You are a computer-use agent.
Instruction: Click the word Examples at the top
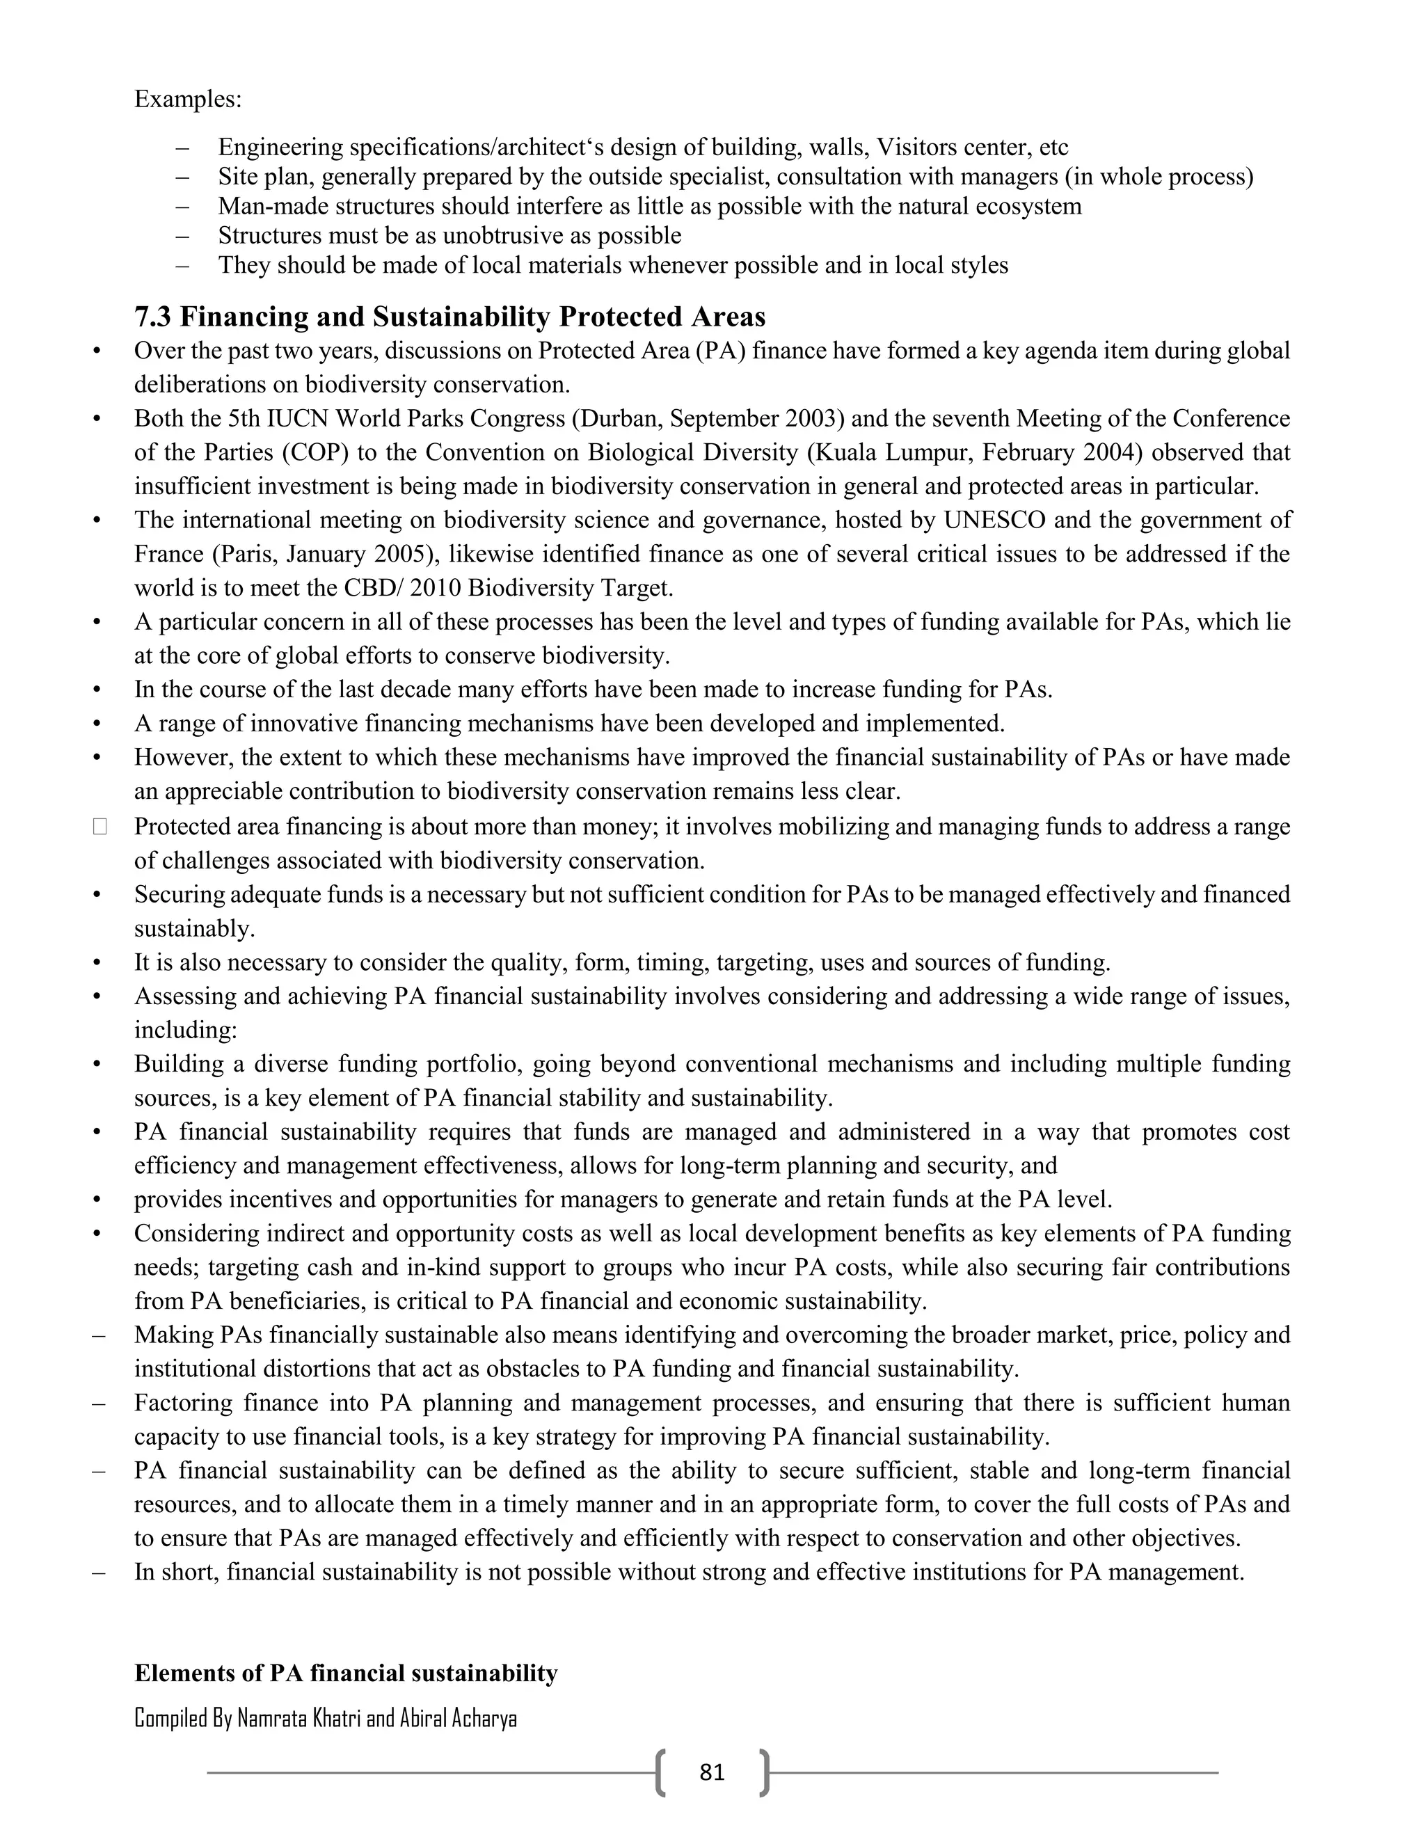tap(186, 100)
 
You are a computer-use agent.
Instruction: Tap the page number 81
tap(712, 1772)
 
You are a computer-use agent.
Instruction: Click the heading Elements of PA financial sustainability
tap(346, 1673)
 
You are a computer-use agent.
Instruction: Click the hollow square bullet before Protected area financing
tap(99, 827)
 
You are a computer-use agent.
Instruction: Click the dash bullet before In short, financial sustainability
tap(99, 1572)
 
